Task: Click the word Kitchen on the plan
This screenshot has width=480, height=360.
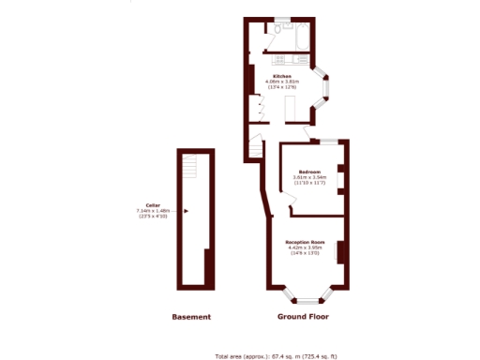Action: (281, 75)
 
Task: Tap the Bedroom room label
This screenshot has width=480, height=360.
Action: (309, 172)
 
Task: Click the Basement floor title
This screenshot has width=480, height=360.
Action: (191, 317)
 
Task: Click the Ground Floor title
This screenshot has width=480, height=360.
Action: (303, 317)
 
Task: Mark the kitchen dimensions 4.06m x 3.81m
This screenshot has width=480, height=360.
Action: (282, 82)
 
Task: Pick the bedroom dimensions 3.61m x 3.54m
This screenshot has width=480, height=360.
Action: (309, 177)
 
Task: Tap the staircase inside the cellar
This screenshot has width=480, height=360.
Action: (192, 169)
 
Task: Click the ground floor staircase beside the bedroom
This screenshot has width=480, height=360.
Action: (254, 148)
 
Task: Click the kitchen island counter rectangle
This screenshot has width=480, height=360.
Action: (289, 111)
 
